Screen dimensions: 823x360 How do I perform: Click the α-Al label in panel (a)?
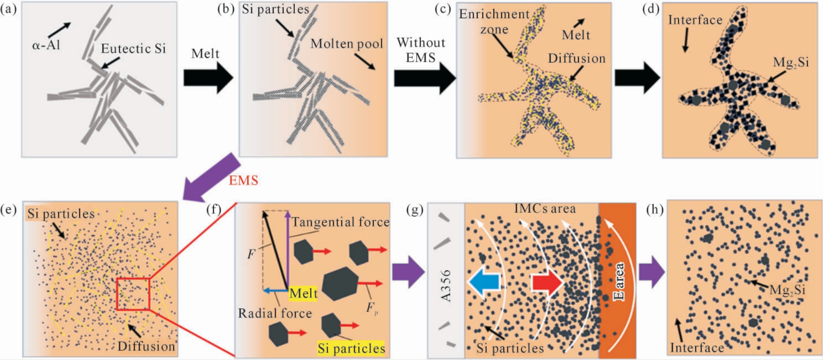46,44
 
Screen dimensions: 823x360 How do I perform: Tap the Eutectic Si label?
133,49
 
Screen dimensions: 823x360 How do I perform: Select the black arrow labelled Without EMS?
425,78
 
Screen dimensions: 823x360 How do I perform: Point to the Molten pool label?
347,44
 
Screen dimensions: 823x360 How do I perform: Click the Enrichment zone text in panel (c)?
494,22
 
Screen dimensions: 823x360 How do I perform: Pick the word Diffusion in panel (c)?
577,58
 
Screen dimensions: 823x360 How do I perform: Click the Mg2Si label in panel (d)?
791,63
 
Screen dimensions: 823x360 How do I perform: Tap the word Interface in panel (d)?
695,20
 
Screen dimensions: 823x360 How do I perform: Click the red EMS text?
243,180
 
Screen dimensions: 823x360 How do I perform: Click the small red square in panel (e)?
133,294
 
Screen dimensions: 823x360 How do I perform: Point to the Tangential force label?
340,222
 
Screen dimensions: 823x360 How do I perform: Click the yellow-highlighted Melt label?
303,294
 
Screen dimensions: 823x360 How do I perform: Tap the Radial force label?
274,313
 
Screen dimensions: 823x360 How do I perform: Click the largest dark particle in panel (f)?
340,284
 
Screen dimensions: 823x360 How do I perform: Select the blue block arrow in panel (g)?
484,282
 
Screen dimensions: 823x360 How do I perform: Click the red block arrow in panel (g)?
547,282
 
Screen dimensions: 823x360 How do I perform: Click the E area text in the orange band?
618,282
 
